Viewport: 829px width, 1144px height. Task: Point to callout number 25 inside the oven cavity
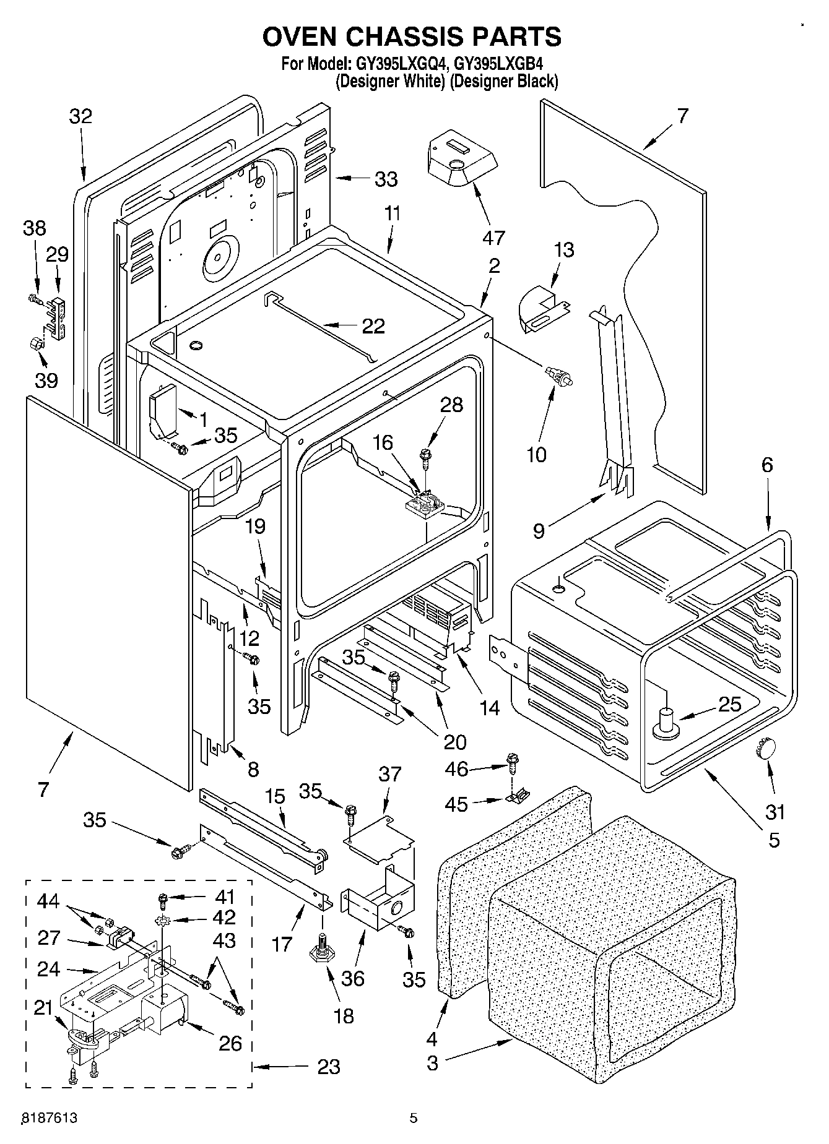(x=729, y=704)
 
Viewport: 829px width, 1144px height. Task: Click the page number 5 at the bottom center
(x=414, y=1118)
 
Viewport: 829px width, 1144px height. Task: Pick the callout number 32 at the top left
(x=80, y=116)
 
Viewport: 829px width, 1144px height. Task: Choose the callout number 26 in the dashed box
(x=230, y=1043)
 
